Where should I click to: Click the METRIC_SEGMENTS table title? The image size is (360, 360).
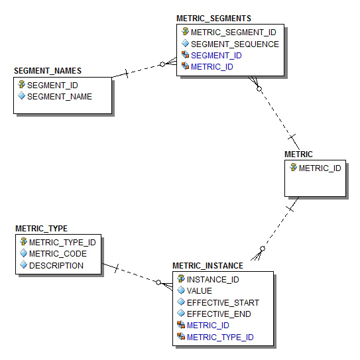coord(213,19)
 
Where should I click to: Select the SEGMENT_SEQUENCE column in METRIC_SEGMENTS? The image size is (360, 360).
coord(235,44)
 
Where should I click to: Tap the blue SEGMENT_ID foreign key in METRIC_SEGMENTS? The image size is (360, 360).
coord(216,56)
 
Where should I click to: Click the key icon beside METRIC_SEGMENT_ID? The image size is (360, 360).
coord(185,31)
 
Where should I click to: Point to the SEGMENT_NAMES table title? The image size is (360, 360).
coord(48,71)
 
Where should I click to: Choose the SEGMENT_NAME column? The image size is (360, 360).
coord(60,97)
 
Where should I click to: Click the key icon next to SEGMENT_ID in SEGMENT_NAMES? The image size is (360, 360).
coord(22,84)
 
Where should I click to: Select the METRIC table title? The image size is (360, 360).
coord(298,154)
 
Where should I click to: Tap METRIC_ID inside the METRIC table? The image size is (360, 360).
coord(320,168)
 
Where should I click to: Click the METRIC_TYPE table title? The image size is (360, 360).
coord(41,229)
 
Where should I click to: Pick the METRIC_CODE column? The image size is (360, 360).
coord(58,254)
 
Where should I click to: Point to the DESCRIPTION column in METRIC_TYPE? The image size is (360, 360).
coord(56,266)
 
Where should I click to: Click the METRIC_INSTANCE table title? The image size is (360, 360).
coord(208,266)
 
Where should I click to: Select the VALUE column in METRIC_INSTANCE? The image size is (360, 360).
coord(200,291)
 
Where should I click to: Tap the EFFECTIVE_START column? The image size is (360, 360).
coord(223,303)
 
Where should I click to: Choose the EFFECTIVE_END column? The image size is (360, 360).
coord(219,314)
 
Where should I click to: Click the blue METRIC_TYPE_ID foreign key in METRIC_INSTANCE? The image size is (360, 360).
coord(220,337)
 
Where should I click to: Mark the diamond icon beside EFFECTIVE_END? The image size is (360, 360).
coord(181,313)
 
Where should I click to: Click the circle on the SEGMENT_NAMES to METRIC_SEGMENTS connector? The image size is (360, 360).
coord(162,64)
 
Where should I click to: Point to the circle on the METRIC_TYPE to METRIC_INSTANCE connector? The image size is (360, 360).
coord(158,282)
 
